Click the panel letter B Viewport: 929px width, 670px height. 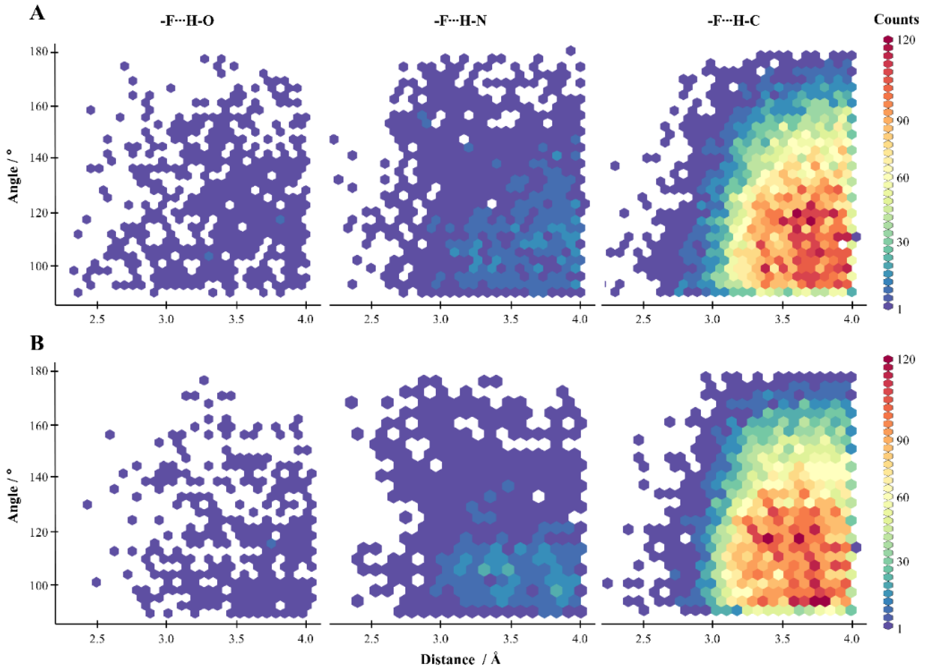(37, 343)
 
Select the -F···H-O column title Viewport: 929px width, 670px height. (187, 20)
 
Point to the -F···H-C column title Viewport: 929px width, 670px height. (733, 20)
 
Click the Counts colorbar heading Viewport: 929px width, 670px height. (896, 19)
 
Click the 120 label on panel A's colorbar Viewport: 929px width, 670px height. (907, 40)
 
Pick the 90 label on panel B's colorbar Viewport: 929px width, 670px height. (903, 441)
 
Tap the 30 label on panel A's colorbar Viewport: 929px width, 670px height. (903, 242)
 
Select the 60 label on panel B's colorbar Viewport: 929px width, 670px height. (903, 497)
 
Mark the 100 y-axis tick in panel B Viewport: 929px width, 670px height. (39, 585)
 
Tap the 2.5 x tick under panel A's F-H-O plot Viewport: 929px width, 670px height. (97, 319)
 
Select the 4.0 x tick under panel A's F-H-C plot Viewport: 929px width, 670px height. (852, 319)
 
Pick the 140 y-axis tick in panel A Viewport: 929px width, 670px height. (39, 158)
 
